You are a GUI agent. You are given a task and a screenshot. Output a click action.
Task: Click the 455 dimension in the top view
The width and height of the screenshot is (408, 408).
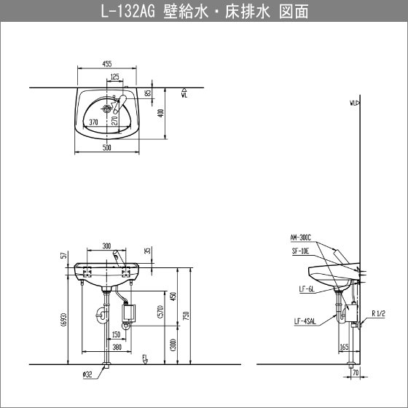coord(107,64)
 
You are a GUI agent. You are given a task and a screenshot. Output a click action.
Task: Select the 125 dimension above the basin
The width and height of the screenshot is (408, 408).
coord(115,76)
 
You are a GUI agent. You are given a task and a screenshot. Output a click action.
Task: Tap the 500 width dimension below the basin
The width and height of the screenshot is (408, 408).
coord(107,147)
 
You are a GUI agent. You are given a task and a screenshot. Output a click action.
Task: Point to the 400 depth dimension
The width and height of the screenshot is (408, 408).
coord(161,113)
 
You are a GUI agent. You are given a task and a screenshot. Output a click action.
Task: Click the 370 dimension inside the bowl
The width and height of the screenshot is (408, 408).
coord(93,122)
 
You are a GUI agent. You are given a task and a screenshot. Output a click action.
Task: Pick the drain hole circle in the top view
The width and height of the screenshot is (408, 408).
coord(106,109)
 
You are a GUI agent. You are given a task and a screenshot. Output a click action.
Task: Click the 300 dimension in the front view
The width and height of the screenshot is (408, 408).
coord(106,246)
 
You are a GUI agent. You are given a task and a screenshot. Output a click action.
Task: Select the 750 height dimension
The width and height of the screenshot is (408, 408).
coord(187,315)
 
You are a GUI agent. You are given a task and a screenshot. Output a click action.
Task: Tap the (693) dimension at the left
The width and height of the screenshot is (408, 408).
coord(64,320)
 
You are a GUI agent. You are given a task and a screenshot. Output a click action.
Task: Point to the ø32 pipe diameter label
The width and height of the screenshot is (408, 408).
coord(87,374)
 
